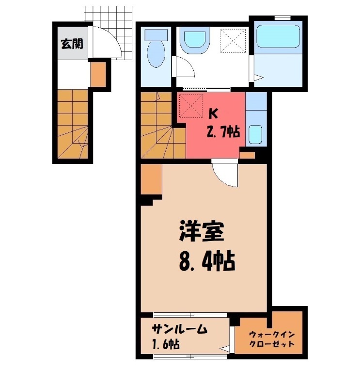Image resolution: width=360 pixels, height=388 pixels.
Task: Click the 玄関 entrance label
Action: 72,44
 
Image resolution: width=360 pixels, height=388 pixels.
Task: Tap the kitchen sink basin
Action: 255,133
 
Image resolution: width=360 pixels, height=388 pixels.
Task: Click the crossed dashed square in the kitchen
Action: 190,106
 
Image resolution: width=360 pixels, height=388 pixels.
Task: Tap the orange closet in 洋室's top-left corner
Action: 151,179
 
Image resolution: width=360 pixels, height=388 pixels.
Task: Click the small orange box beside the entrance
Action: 97,74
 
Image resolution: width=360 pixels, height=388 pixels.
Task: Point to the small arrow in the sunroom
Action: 225,348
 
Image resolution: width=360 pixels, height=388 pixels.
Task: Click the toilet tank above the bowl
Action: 156,35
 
